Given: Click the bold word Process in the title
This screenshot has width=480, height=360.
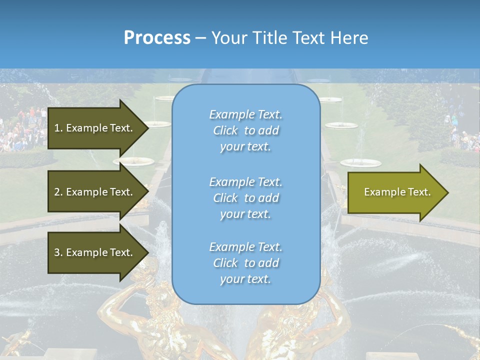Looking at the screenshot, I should point(157,38).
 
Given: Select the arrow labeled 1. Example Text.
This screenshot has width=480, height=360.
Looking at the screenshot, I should point(95,128).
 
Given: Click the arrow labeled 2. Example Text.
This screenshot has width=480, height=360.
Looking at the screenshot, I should point(95,192).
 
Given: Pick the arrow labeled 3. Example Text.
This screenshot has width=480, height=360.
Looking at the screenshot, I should point(95,252).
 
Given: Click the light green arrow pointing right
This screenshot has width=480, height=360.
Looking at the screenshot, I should point(395,192).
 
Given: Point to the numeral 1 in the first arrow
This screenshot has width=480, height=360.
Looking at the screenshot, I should point(57,128).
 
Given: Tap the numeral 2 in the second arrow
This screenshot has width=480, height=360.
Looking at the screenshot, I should point(57,192).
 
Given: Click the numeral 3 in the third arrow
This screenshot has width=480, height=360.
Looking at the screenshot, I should point(57,252).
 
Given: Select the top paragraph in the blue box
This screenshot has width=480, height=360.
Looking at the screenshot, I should point(245,130).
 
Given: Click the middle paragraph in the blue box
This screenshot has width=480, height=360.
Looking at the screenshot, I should point(245,198).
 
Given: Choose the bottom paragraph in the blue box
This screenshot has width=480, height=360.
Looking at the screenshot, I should point(245,263).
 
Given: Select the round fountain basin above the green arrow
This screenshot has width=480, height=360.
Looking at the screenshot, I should point(360,163).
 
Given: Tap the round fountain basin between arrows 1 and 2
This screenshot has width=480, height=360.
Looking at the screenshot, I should point(133,161).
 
